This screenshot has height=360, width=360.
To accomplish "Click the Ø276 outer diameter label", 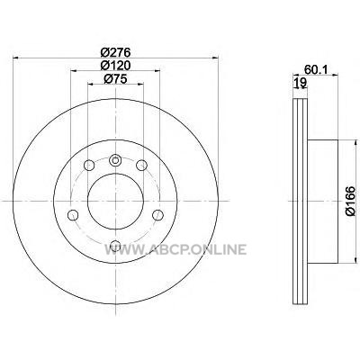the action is (x=115, y=53).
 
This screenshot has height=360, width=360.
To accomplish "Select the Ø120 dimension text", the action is (x=115, y=66).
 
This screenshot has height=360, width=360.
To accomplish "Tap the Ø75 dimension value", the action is (x=115, y=79).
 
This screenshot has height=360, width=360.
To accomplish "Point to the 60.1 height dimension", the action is (x=315, y=69).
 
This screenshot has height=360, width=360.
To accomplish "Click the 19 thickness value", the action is (x=301, y=82).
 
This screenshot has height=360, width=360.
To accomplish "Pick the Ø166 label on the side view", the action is (x=350, y=201).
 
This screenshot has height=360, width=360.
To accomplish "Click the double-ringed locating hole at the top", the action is (x=115, y=160).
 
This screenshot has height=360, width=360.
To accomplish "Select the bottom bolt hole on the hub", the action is (x=115, y=246).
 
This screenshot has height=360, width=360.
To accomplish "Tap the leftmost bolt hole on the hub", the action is (x=73, y=215).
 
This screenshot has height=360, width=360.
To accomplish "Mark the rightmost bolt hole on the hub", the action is (x=157, y=215).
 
